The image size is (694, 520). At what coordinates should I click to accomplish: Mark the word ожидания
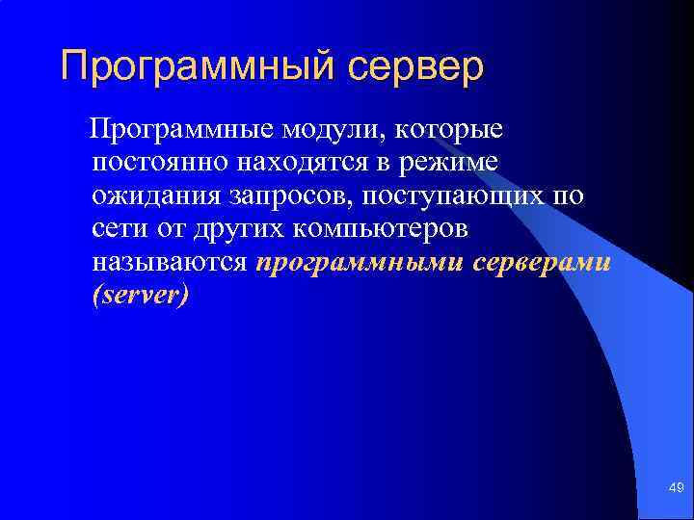click(156, 195)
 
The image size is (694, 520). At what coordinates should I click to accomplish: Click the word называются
click(171, 262)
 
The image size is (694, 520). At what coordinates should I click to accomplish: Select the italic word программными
click(362, 262)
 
